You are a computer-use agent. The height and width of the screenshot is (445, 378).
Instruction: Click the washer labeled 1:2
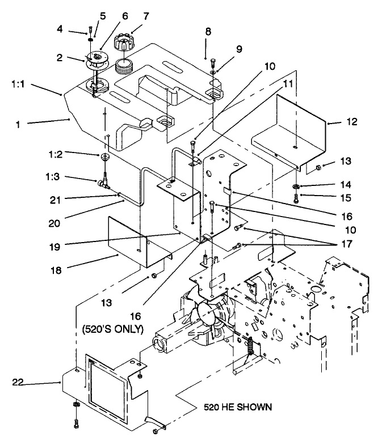(106, 156)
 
